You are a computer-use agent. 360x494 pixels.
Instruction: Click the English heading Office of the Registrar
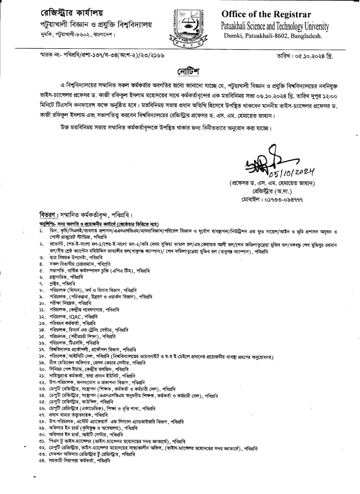click(266, 15)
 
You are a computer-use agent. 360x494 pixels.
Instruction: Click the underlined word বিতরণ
click(48, 215)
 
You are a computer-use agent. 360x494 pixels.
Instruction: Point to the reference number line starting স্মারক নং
click(100, 56)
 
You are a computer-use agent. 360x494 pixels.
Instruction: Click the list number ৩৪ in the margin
click(41, 460)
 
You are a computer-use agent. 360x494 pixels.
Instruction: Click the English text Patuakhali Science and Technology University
click(275, 26)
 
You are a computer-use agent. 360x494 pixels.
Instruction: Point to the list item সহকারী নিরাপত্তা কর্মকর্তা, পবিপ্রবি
click(80, 460)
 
